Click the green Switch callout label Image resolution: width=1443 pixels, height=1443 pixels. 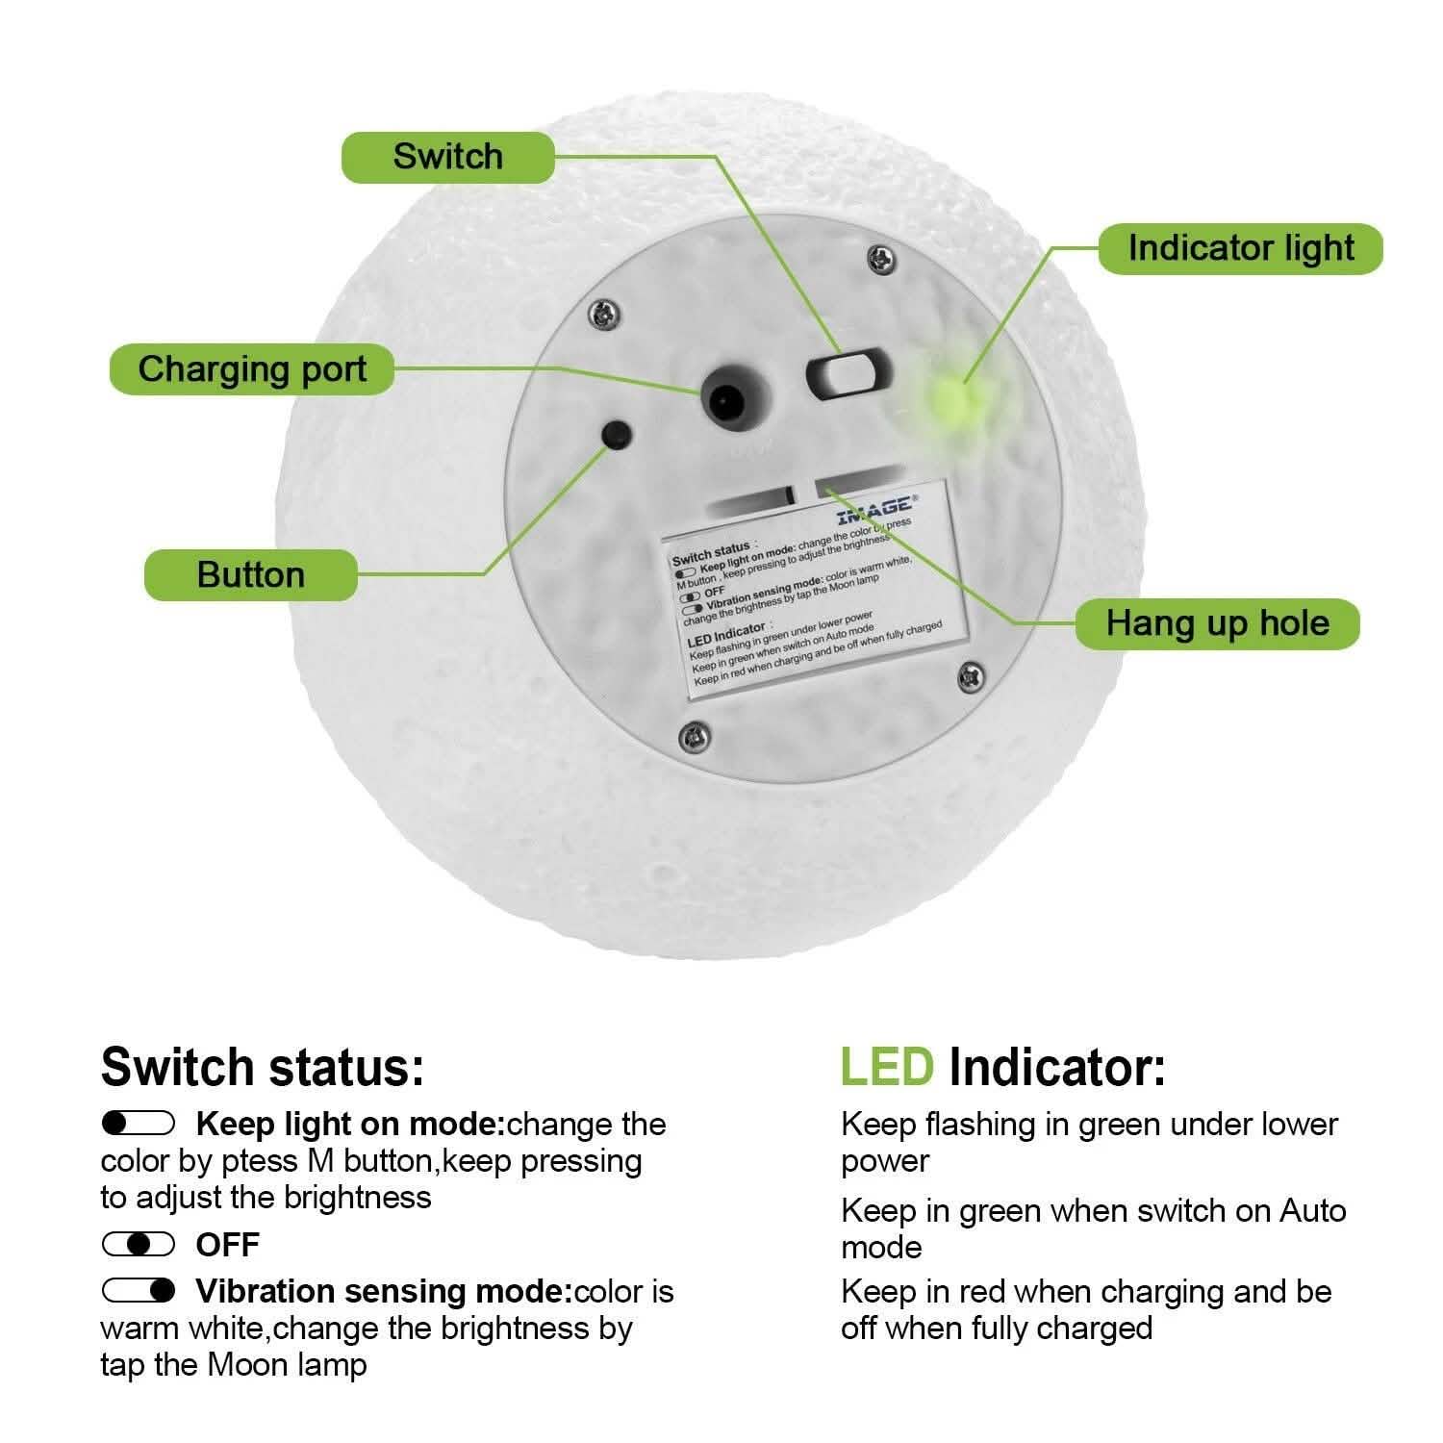click(448, 157)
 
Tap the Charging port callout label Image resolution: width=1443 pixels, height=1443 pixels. click(252, 369)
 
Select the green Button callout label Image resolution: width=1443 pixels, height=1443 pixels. click(251, 575)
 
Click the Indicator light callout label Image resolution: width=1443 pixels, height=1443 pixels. click(1240, 248)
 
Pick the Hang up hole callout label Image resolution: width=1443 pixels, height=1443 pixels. click(1217, 623)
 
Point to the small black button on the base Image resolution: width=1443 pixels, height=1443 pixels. click(616, 434)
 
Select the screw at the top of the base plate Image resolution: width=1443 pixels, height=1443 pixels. click(880, 258)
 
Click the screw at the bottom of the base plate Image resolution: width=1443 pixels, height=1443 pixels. click(693, 737)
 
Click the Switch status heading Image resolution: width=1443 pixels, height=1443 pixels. click(262, 1067)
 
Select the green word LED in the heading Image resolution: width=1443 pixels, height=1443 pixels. click(886, 1067)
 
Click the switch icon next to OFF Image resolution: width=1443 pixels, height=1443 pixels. click(139, 1245)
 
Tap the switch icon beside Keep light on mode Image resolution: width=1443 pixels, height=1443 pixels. click(139, 1123)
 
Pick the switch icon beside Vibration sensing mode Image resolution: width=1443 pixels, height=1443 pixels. click(139, 1290)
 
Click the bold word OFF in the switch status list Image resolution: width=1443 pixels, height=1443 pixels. click(227, 1245)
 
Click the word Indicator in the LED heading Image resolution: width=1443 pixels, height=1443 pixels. click(1056, 1067)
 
